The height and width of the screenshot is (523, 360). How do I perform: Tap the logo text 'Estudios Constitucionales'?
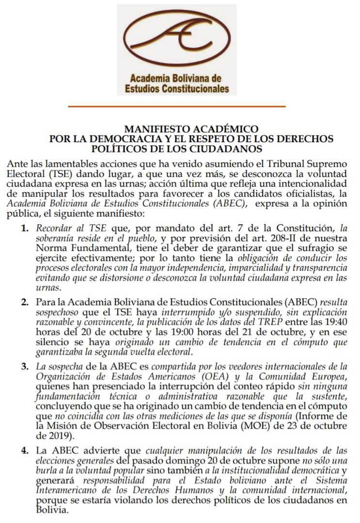click(x=176, y=89)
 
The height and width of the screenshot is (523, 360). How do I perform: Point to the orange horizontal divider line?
click(x=176, y=106)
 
